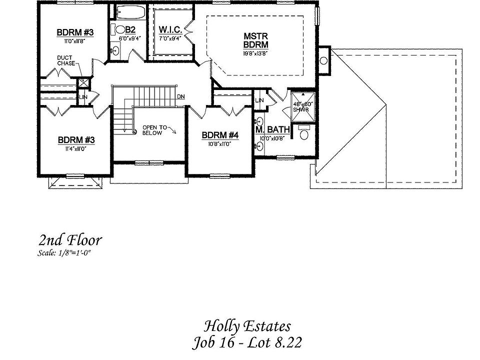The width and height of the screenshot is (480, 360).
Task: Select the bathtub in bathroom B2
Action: point(129,12)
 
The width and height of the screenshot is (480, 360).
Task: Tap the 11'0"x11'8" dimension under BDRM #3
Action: point(75,41)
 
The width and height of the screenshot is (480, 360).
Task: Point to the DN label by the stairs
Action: point(181,96)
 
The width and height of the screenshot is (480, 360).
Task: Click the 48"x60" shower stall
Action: point(303,106)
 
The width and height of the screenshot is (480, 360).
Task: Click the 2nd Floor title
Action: point(69,240)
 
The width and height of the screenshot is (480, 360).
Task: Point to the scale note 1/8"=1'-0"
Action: point(64,253)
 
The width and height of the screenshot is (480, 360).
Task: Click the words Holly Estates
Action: point(247,326)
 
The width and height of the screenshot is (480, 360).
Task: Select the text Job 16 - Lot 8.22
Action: point(247,343)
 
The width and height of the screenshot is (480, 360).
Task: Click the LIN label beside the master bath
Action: point(259,100)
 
